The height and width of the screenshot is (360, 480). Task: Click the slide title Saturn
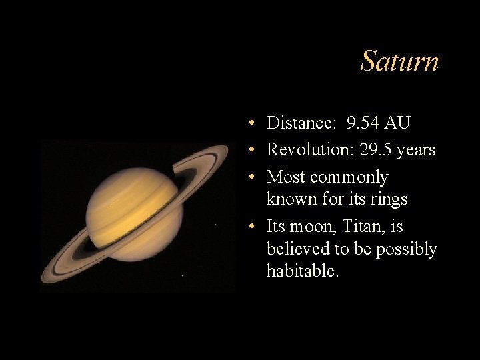399,62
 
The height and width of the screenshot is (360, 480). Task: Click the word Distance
301,123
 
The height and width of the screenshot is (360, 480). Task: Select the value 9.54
363,123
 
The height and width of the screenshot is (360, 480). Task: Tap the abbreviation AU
397,123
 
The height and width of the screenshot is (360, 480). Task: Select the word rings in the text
389,199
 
